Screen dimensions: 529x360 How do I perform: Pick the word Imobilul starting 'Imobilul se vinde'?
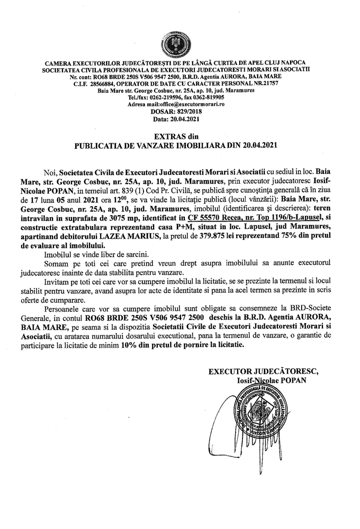59,256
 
